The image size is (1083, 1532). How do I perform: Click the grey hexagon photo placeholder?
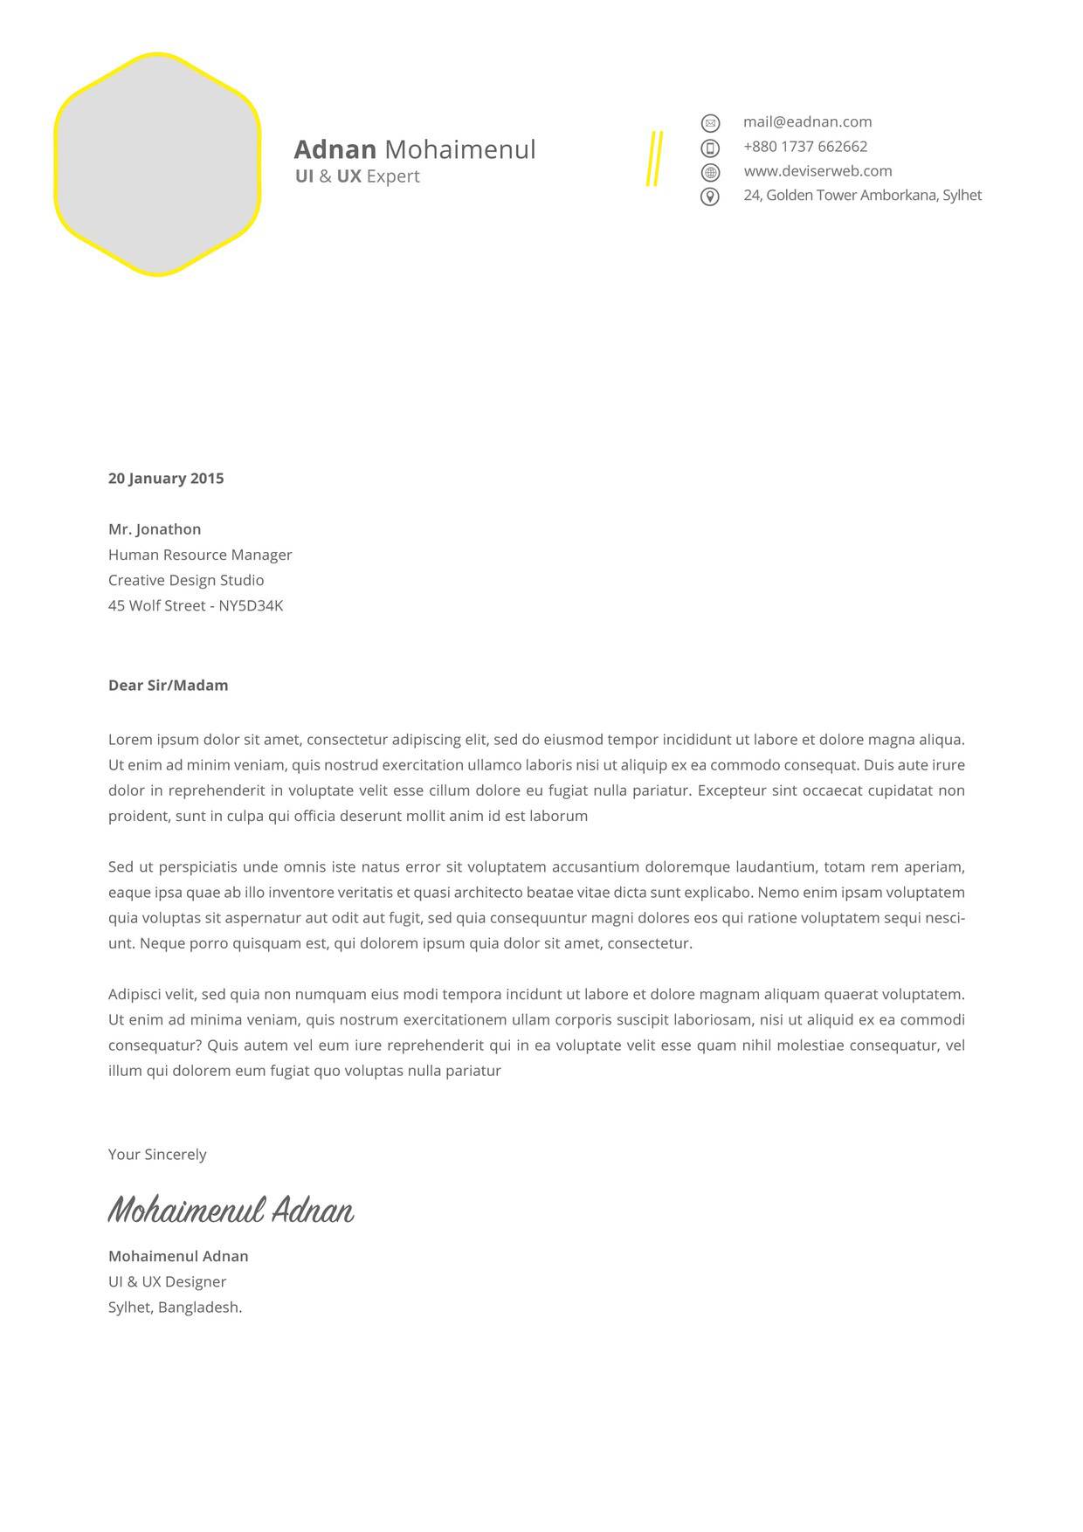click(157, 164)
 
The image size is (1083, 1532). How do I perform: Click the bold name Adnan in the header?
click(335, 149)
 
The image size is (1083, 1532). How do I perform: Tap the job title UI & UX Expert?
click(357, 176)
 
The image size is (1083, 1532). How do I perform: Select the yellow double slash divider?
click(654, 158)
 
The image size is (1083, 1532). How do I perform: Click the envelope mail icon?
click(710, 123)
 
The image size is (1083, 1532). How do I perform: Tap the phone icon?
click(710, 148)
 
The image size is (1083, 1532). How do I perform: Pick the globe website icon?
click(710, 172)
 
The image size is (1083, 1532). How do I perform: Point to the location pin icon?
click(710, 197)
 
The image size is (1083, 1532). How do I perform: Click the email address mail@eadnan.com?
click(807, 122)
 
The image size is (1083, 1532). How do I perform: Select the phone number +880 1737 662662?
click(805, 147)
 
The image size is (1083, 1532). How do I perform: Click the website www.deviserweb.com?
click(817, 171)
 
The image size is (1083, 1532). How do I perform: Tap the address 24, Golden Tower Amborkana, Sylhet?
click(862, 196)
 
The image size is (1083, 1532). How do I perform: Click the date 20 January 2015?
click(166, 479)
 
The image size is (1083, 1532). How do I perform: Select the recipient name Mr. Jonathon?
click(155, 529)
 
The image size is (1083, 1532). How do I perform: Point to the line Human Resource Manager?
click(200, 555)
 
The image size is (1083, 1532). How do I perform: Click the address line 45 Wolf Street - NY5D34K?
click(196, 605)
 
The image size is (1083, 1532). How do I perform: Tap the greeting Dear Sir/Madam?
click(168, 686)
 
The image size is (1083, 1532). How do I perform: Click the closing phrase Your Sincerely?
click(157, 1155)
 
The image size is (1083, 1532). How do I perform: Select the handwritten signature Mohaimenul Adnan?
click(231, 1211)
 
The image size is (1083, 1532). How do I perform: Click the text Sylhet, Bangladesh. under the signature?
click(175, 1308)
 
